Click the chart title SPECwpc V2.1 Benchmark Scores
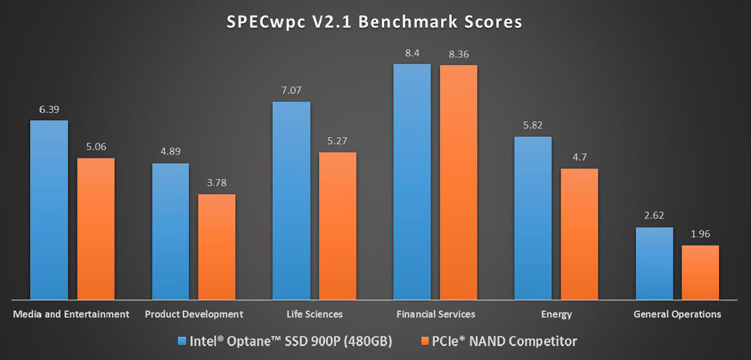pyautogui.click(x=374, y=22)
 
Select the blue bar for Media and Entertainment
pyautogui.click(x=49, y=210)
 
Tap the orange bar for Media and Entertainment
pyautogui.click(x=96, y=229)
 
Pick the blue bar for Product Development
pyautogui.click(x=170, y=232)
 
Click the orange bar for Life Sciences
pyautogui.click(x=338, y=225)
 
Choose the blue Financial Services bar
pyautogui.click(x=412, y=182)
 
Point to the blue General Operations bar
pyautogui.click(x=654, y=263)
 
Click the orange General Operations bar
pyautogui.click(x=700, y=272)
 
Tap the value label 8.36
pyautogui.click(x=459, y=54)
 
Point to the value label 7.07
pyautogui.click(x=291, y=91)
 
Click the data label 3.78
pyautogui.click(x=217, y=183)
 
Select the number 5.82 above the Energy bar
pyautogui.click(x=533, y=125)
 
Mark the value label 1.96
pyautogui.click(x=700, y=235)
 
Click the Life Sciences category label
pyautogui.click(x=314, y=314)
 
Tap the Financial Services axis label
pyautogui.click(x=436, y=314)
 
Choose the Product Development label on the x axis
pyautogui.click(x=193, y=314)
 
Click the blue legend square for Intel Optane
pyautogui.click(x=182, y=341)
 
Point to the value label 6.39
pyautogui.click(x=49, y=110)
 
